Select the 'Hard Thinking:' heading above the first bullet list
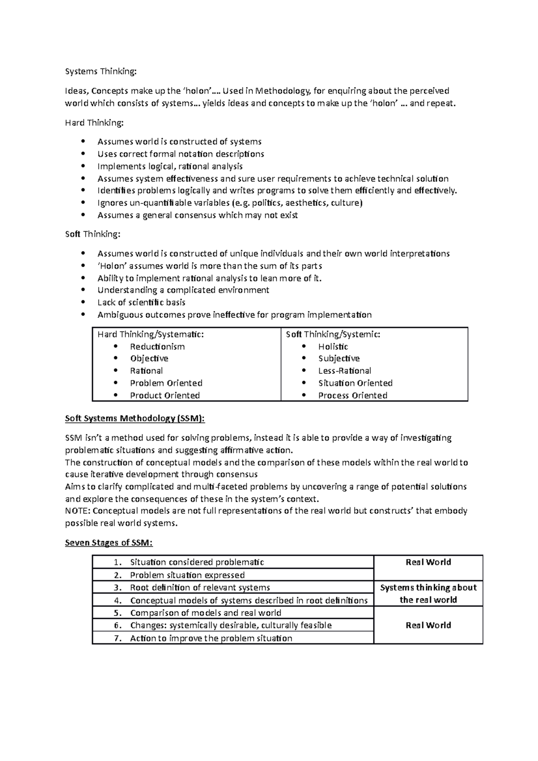coord(93,122)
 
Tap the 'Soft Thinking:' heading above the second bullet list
coord(92,234)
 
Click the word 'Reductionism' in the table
coord(157,346)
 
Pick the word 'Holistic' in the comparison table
coord(333,346)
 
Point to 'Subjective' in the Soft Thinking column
coord(338,359)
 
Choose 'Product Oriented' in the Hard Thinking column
coord(165,395)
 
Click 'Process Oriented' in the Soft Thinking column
coord(352,395)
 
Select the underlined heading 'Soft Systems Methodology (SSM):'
coord(134,419)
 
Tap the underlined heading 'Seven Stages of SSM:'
coord(109,543)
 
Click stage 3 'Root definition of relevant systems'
coord(200,588)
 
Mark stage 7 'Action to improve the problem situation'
coord(211,638)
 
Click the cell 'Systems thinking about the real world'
coord(428,594)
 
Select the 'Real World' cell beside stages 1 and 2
coord(428,562)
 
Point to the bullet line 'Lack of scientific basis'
coord(141,303)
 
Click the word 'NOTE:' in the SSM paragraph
coord(78,511)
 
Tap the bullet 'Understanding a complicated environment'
coord(183,290)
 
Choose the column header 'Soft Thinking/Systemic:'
coord(333,334)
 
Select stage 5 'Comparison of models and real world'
coord(205,613)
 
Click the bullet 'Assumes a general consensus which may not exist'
coord(197,215)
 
